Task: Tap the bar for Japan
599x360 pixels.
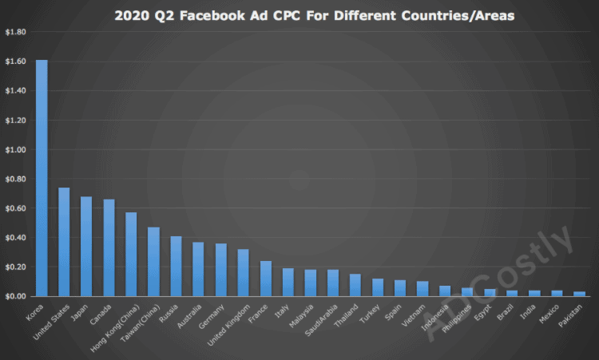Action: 86,246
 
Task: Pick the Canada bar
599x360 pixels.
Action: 109,247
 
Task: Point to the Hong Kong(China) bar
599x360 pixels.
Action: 131,254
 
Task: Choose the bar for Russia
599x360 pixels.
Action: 176,266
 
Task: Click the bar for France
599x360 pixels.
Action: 265,279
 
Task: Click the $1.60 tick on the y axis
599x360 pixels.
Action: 15,61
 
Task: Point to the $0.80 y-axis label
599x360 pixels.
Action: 15,179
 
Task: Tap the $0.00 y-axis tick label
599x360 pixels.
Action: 15,296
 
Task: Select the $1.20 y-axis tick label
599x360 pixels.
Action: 15,120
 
